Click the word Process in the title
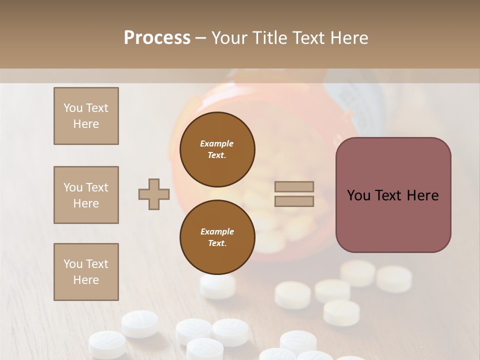tap(157, 37)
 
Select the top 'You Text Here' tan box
tap(86, 116)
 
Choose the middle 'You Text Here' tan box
tap(86, 195)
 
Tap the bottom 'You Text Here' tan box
tap(86, 272)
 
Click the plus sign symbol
tap(154, 194)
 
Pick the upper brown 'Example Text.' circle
tap(217, 149)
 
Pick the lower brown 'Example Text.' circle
tap(217, 237)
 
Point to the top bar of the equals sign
tap(294, 187)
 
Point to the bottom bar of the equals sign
tap(294, 201)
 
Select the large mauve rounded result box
tap(393, 194)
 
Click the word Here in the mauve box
tap(422, 195)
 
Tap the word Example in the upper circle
tap(217, 143)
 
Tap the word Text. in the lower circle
tap(217, 243)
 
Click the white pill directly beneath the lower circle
tap(217, 286)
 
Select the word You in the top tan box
tap(72, 108)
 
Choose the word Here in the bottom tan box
tap(86, 280)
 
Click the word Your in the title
tap(231, 37)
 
